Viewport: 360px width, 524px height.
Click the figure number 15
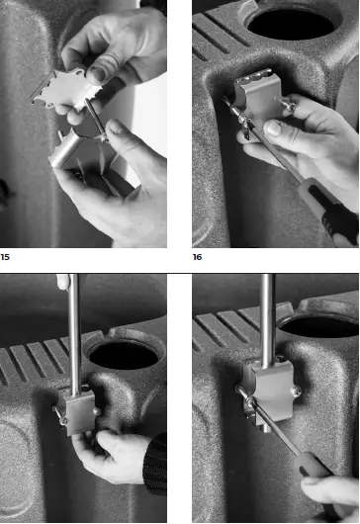click(x=5, y=256)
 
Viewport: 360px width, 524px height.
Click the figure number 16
click(x=198, y=256)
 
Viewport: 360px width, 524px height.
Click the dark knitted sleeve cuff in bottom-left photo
click(x=153, y=470)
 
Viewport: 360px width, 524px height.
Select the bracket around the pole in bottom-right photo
click(x=262, y=386)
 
